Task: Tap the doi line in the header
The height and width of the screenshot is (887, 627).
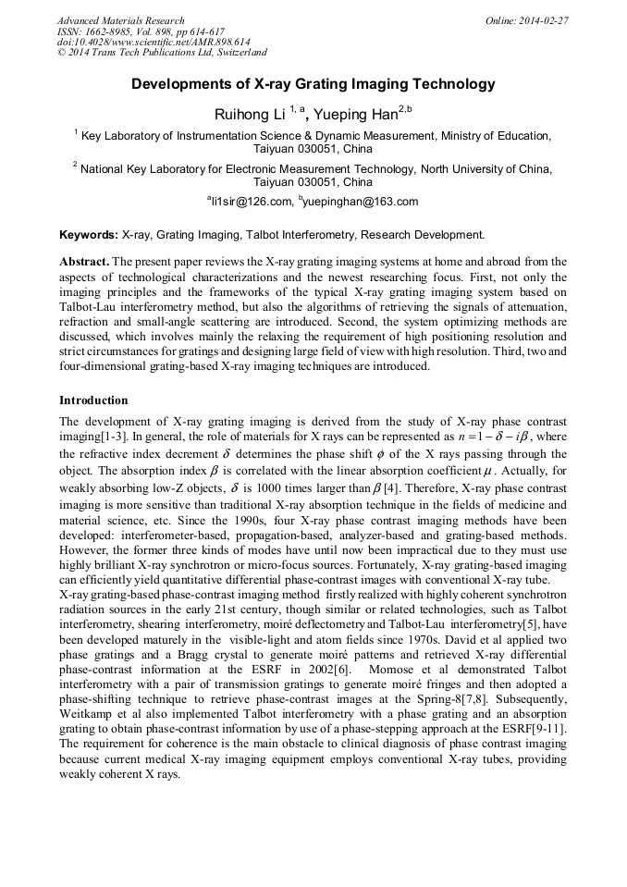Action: point(154,43)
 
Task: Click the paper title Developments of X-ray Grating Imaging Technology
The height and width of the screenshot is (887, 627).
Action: point(313,84)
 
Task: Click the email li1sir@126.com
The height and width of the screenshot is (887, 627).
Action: point(251,202)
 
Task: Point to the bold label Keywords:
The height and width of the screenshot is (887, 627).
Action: point(89,236)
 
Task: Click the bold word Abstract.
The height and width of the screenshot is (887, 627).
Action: point(84,262)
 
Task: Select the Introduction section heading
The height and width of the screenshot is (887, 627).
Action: point(93,400)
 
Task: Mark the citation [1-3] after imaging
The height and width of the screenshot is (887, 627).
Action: point(118,437)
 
